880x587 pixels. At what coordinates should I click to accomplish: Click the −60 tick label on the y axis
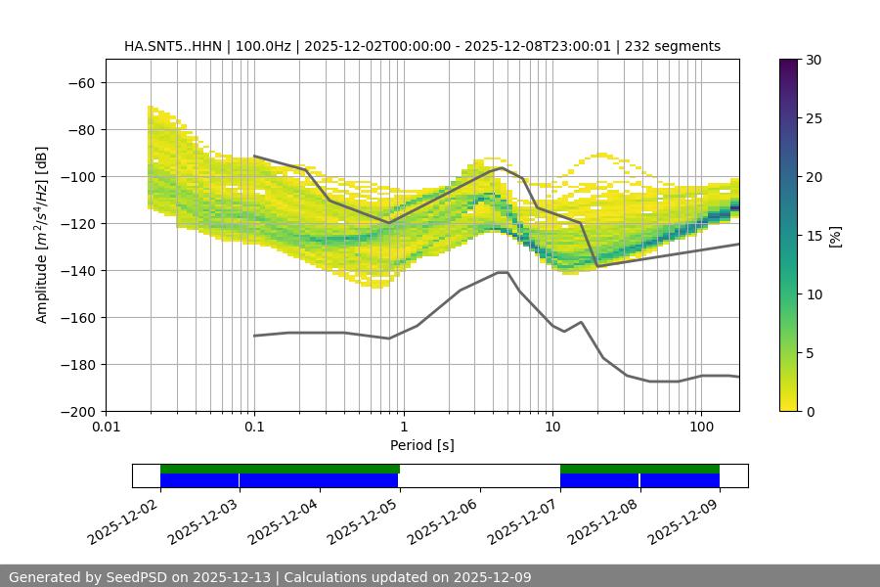pyautogui.click(x=81, y=82)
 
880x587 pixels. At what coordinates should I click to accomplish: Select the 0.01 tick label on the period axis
pyautogui.click(x=106, y=428)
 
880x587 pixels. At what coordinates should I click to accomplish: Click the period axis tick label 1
pyautogui.click(x=403, y=428)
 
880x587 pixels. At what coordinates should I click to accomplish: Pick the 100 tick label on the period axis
pyautogui.click(x=701, y=428)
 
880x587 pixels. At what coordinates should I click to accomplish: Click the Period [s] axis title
pyautogui.click(x=421, y=445)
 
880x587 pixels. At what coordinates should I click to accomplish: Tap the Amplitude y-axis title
pyautogui.click(x=42, y=235)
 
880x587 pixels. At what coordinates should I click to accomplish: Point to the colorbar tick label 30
pyautogui.click(x=813, y=60)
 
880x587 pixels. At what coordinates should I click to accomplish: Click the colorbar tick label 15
pyautogui.click(x=813, y=236)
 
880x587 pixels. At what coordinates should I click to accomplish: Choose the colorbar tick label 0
pyautogui.click(x=809, y=411)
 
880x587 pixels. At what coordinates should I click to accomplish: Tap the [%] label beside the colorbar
pyautogui.click(x=835, y=236)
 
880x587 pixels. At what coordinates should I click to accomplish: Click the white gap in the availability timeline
pyautogui.click(x=479, y=475)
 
